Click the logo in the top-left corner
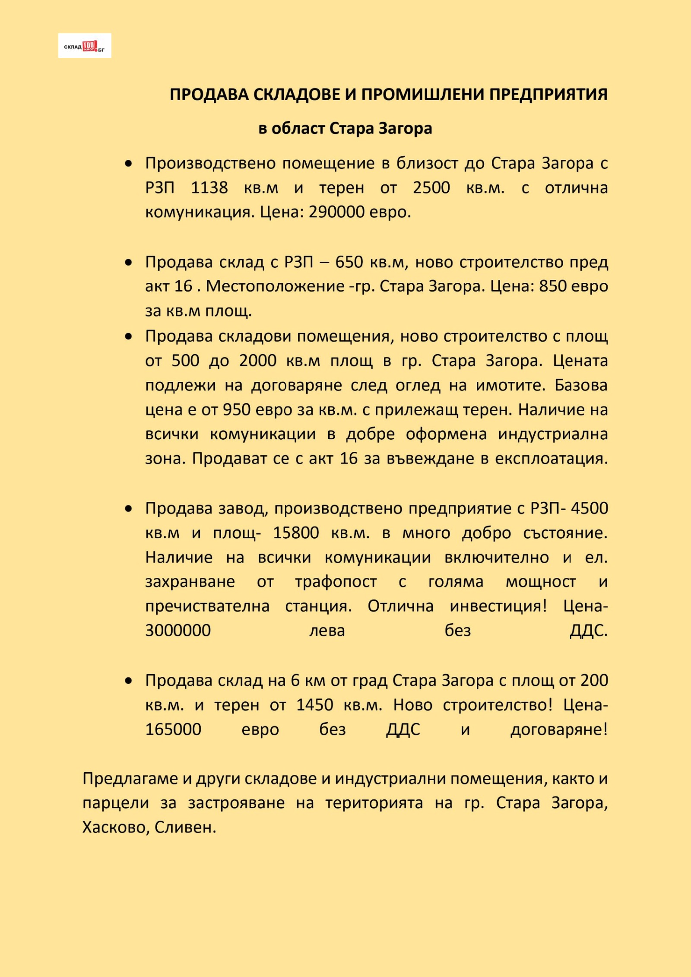(85, 46)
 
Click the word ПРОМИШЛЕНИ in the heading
(423, 95)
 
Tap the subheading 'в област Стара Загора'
(345, 129)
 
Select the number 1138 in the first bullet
(209, 188)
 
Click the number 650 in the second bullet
(349, 262)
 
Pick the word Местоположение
(275, 286)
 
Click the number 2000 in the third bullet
(257, 361)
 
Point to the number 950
(236, 409)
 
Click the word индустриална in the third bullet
(552, 434)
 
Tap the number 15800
(296, 533)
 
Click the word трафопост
(336, 582)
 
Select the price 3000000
(178, 631)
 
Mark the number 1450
(314, 705)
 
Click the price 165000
(173, 730)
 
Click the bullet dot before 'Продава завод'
(128, 509)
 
